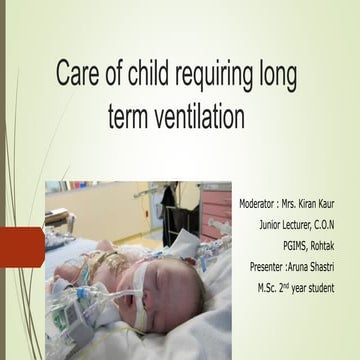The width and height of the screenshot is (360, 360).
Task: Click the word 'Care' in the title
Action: (x=79, y=76)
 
